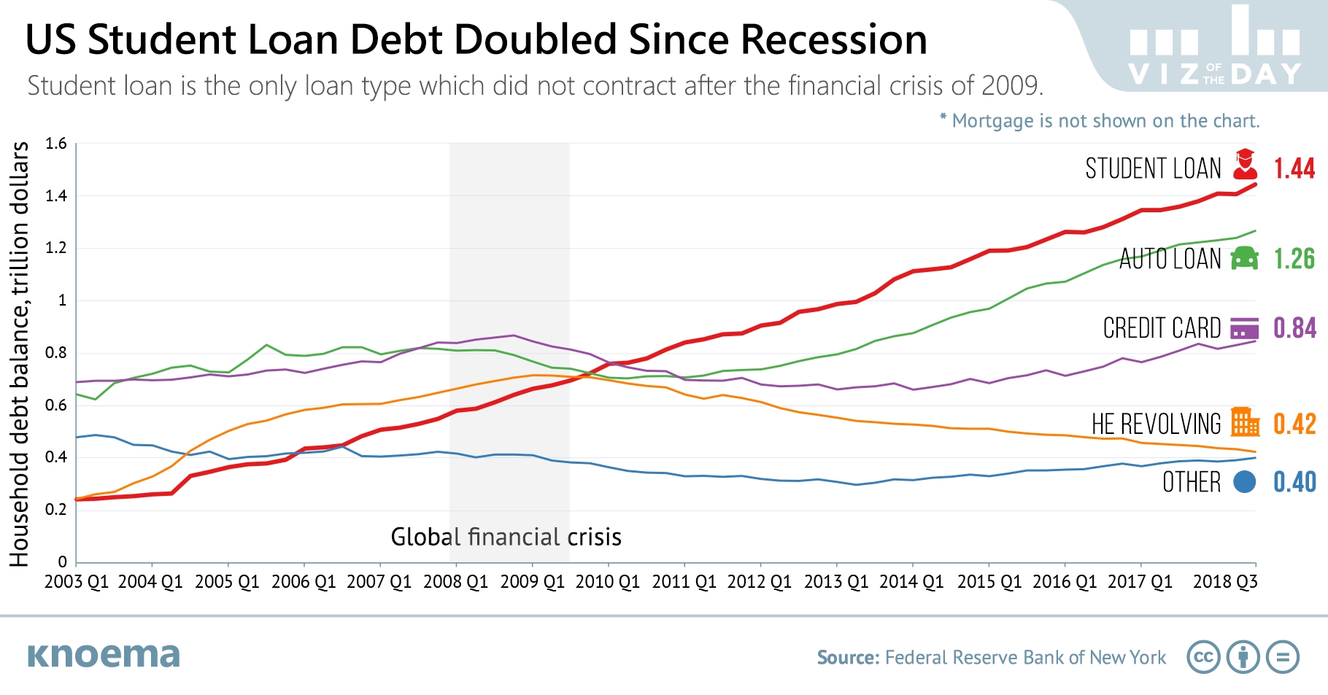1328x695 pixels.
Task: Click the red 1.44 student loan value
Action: point(1294,168)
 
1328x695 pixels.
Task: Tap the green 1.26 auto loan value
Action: point(1294,259)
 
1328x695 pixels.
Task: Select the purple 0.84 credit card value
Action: point(1294,328)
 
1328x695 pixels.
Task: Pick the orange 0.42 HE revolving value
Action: point(1294,424)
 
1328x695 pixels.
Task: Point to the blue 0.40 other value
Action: point(1294,482)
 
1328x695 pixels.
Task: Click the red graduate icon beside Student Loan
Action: point(1245,165)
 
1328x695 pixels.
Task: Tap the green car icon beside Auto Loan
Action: point(1245,258)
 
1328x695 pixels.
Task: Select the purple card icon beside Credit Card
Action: point(1244,328)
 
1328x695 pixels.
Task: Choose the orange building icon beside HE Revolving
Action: point(1245,422)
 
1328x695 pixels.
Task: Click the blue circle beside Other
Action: point(1244,481)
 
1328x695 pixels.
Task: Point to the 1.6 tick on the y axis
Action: point(56,144)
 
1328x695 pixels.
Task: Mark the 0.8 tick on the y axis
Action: point(56,353)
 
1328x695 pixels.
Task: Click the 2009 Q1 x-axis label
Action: point(532,582)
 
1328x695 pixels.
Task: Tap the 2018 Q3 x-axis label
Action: point(1224,582)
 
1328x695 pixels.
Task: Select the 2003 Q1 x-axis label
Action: point(76,582)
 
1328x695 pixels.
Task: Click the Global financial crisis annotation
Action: point(506,537)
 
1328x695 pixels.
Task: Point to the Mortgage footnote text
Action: point(1100,121)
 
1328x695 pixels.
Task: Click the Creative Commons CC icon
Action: point(1203,657)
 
